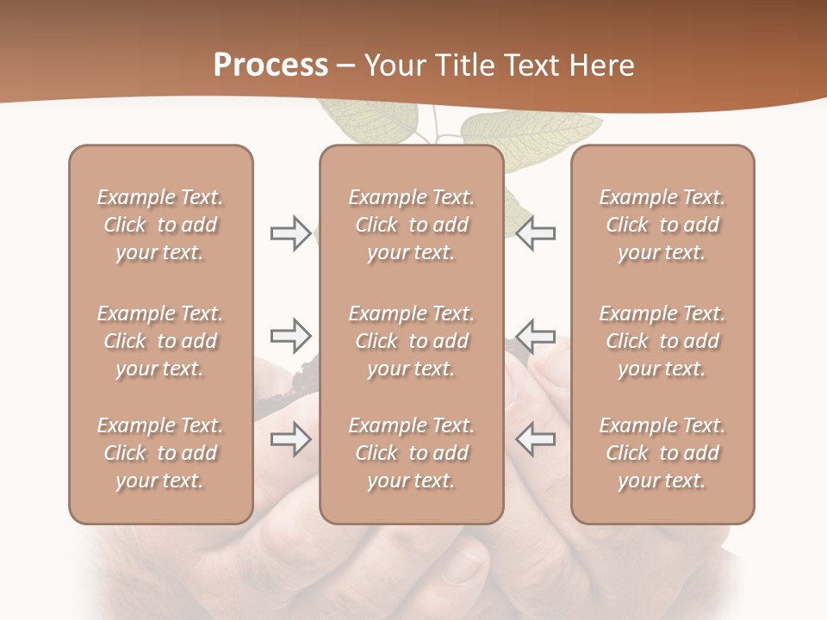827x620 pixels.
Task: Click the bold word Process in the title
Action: [x=270, y=65]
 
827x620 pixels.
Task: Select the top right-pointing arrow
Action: [x=290, y=233]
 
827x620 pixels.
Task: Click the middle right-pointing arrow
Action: [x=290, y=336]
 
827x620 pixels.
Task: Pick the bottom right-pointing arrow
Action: [x=290, y=440]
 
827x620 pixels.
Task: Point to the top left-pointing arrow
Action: [x=535, y=233]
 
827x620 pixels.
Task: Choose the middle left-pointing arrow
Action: [x=535, y=336]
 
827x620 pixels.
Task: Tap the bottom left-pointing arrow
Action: [x=535, y=440]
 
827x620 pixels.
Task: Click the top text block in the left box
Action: [x=160, y=225]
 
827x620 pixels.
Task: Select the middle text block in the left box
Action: [x=160, y=341]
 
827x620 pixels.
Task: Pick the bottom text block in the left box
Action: [x=160, y=453]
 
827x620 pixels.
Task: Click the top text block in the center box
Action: [x=412, y=225]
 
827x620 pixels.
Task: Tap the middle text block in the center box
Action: [x=412, y=341]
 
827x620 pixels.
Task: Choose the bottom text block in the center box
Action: [x=412, y=453]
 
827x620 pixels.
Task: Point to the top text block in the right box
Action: [x=662, y=225]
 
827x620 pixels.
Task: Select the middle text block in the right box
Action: [x=662, y=341]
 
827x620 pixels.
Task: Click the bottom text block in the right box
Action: [x=662, y=453]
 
